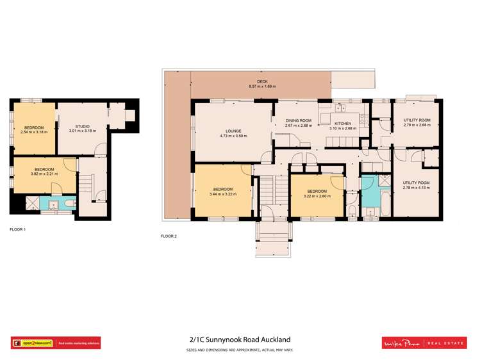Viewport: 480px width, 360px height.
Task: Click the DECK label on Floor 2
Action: [261, 81]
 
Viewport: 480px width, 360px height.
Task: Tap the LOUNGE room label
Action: [233, 131]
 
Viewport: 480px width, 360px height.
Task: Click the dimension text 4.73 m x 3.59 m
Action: [233, 136]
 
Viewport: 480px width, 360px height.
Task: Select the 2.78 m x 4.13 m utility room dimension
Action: [416, 188]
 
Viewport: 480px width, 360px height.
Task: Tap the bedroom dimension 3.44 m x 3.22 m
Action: [223, 194]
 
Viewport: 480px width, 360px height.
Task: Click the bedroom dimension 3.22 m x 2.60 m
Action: [317, 196]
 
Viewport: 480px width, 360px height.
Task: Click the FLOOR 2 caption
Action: [169, 236]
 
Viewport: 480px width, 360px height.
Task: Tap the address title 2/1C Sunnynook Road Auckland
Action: [240, 340]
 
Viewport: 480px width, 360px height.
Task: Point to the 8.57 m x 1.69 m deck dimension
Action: [261, 86]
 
